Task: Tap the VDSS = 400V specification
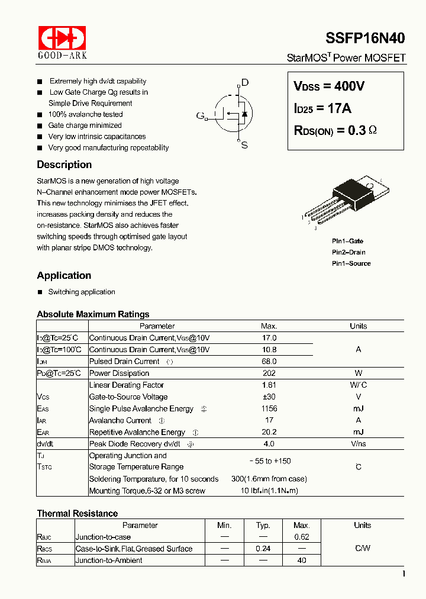click(x=329, y=86)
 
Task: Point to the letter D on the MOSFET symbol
click(x=245, y=83)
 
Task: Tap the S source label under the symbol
click(x=244, y=146)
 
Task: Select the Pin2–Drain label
click(x=348, y=252)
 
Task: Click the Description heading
click(x=64, y=165)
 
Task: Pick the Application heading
click(x=64, y=275)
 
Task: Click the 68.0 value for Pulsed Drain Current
click(x=269, y=361)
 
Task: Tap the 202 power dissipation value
click(x=269, y=373)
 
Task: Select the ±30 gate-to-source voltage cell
click(x=269, y=397)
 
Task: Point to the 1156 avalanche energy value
click(x=269, y=408)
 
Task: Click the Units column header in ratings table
click(x=358, y=326)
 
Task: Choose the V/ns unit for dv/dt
click(x=358, y=444)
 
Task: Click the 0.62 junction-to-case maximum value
click(x=302, y=537)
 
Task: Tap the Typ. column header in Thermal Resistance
click(x=263, y=525)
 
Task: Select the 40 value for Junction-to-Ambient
click(x=302, y=560)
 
